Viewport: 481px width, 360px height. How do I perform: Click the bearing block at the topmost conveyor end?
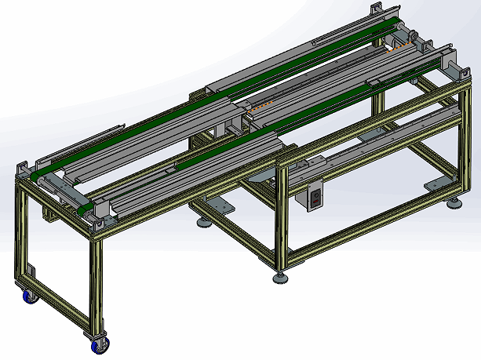point(375,9)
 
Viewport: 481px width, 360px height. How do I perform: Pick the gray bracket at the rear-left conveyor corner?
point(24,170)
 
